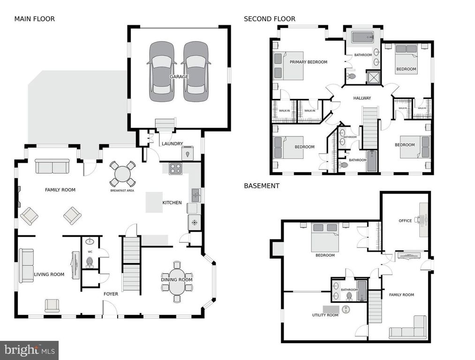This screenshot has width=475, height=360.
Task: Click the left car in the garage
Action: tap(162, 71)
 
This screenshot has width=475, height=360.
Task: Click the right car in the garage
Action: tap(196, 71)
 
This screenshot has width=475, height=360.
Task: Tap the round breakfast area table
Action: tap(122, 175)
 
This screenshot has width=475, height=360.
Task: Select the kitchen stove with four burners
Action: tap(175, 168)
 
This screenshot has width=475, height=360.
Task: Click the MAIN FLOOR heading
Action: tap(34, 19)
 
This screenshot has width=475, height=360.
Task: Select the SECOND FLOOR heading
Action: tap(270, 19)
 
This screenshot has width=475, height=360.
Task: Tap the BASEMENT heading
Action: tap(262, 186)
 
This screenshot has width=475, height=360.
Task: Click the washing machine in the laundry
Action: tap(188, 153)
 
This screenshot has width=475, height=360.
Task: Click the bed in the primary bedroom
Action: tap(287, 66)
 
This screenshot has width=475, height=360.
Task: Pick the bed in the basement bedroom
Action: tap(325, 237)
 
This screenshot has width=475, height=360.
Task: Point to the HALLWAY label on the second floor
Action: tap(362, 98)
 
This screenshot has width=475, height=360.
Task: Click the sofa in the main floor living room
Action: tap(26, 265)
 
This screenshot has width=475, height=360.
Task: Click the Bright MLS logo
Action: tap(29, 350)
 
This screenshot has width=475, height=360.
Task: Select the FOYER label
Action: tap(111, 294)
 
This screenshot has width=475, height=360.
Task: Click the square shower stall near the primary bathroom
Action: tap(374, 77)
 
